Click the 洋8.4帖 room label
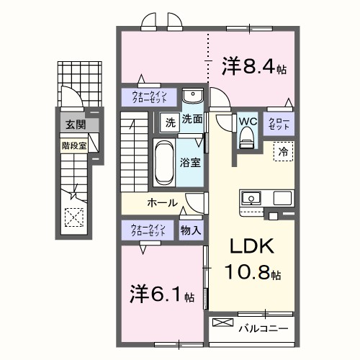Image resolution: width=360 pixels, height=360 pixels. click(254, 68)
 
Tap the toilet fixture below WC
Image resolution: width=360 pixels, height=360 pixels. click(247, 137)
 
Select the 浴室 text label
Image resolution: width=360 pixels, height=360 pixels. click(190, 163)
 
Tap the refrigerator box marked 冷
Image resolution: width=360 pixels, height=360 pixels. click(283, 152)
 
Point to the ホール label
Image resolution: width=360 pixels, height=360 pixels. click(163, 202)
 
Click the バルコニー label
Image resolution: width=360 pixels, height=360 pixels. click(263, 328)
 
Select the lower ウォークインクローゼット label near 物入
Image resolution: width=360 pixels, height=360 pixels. click(148, 230)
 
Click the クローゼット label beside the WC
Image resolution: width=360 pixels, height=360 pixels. click(279, 122)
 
